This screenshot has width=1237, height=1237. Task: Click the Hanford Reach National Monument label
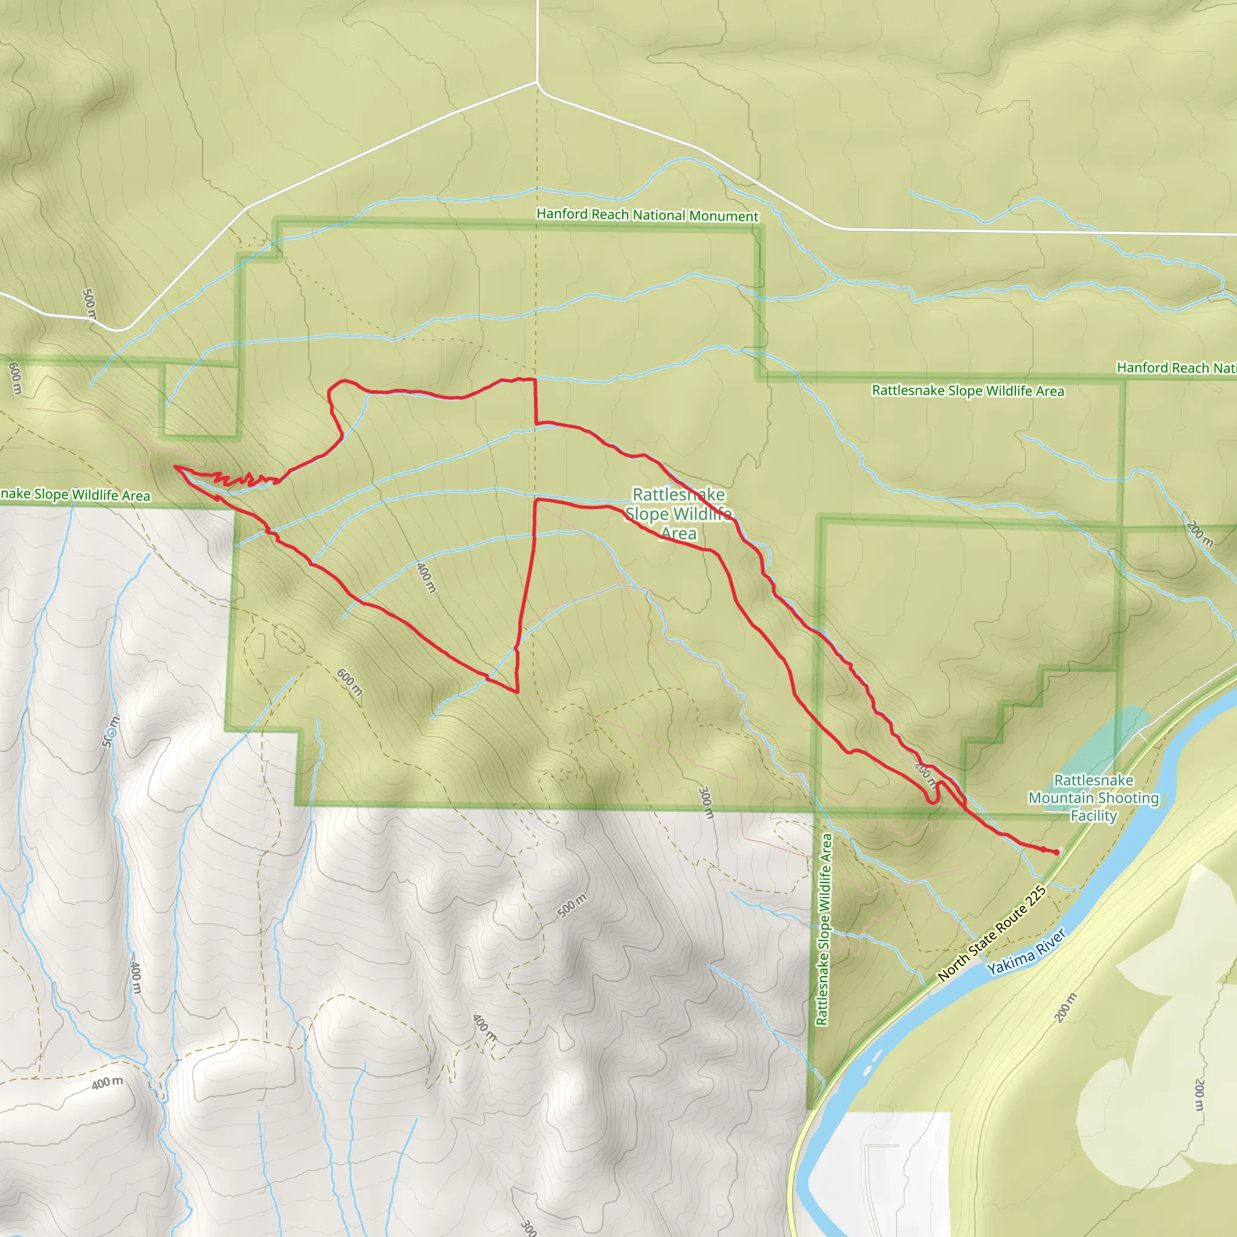(x=647, y=215)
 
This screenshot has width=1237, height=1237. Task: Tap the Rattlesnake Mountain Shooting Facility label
(x=1094, y=798)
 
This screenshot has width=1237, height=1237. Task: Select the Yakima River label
(x=1026, y=952)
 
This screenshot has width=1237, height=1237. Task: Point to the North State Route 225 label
(x=991, y=934)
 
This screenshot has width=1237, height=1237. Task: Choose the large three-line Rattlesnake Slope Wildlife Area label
(x=679, y=513)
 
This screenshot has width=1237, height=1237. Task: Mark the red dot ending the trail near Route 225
(x=1056, y=852)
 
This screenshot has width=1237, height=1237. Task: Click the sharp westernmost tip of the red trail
(x=175, y=467)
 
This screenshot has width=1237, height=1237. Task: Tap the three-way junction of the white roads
(x=537, y=83)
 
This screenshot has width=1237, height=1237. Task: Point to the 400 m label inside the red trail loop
(x=426, y=577)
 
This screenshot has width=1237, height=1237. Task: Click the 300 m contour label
(x=705, y=803)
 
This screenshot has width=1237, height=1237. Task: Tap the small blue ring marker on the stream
(x=113, y=732)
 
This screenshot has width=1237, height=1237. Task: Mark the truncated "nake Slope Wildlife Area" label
(x=75, y=494)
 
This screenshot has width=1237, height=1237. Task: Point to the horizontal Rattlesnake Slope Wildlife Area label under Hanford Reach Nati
(x=968, y=391)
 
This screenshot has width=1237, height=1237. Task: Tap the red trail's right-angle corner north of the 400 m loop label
(x=535, y=381)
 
